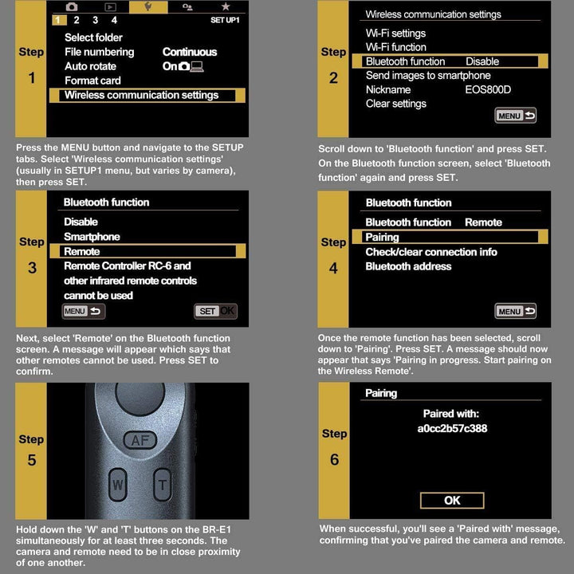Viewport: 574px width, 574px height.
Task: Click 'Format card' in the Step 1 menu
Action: coord(92,81)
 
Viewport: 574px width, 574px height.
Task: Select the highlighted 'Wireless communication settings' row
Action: coord(142,95)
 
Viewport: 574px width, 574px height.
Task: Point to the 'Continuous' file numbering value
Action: coord(190,52)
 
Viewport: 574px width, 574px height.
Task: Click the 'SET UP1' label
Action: coord(224,20)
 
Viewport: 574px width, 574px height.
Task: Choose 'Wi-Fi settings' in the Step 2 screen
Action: coord(395,33)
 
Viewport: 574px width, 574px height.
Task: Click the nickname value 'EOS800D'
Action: coord(488,89)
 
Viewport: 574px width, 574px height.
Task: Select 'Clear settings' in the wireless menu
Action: coord(395,104)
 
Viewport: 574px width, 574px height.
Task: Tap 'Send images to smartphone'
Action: coord(428,75)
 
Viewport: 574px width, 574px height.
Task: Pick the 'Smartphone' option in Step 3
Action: coord(92,237)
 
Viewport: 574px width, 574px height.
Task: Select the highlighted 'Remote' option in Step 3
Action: coord(82,251)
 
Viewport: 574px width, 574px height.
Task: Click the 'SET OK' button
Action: coord(215,311)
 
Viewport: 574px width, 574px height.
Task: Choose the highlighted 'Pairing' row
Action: coord(382,237)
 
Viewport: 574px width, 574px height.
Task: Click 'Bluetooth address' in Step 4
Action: coord(408,266)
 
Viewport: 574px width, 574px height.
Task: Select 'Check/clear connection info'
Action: coord(431,252)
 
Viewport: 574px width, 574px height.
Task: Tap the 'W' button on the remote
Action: coord(118,484)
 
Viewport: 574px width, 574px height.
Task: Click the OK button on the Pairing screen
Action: coord(452,501)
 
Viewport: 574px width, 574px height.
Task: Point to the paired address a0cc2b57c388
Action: coord(452,428)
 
